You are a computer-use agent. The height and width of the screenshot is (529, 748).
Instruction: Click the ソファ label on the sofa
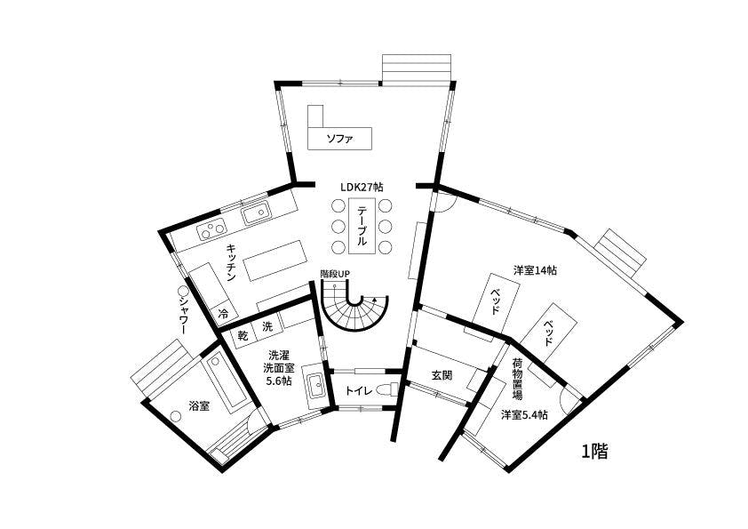(340, 139)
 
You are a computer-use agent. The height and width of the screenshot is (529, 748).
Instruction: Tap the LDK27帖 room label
(362, 188)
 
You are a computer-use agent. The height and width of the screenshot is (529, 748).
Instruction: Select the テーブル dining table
(362, 227)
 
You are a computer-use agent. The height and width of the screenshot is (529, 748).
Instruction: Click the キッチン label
(230, 263)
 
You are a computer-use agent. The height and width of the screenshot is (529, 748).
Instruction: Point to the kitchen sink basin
(256, 212)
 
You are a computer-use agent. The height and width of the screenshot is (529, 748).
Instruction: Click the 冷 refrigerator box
(223, 314)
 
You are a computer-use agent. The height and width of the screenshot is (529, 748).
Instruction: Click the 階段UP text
(335, 274)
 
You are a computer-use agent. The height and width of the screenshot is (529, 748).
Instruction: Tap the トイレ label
(357, 389)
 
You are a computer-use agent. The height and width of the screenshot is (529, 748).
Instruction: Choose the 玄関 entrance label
(442, 376)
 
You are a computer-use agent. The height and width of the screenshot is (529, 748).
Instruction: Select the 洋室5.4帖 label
(524, 415)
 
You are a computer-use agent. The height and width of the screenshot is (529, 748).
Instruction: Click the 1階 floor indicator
(594, 452)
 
